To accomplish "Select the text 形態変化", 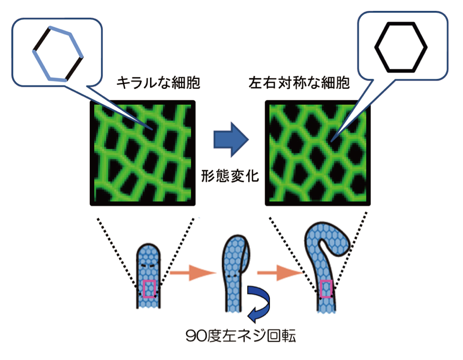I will click(230, 176).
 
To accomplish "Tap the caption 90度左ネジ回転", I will click(240, 336).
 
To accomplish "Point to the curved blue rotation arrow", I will click(259, 302).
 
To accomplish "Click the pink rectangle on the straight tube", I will click(149, 289).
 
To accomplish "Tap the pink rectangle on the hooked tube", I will click(325, 288).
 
